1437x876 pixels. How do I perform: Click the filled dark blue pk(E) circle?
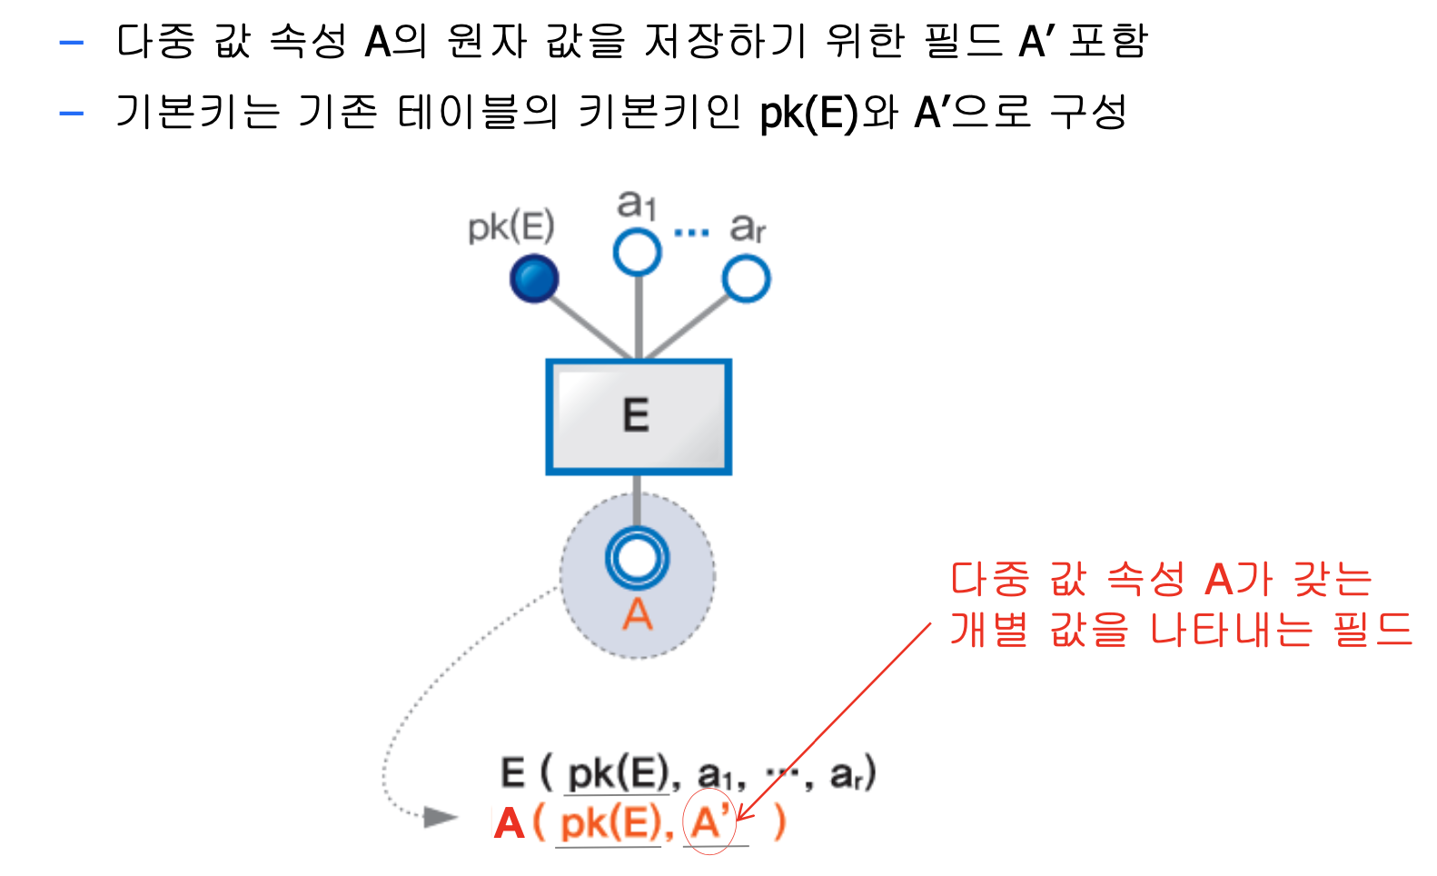click(x=534, y=279)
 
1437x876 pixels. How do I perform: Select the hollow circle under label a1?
click(x=637, y=252)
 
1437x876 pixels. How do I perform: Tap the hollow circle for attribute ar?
click(x=746, y=279)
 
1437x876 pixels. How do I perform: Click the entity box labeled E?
click(x=638, y=417)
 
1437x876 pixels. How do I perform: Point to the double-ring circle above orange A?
click(x=637, y=557)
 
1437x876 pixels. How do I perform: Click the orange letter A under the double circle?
click(x=637, y=615)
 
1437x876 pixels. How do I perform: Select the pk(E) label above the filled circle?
click(x=510, y=227)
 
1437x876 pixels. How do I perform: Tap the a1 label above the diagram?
click(x=637, y=204)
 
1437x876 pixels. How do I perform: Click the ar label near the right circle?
click(x=748, y=227)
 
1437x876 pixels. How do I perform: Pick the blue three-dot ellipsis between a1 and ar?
click(x=691, y=233)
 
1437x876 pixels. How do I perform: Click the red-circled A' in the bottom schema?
click(x=709, y=822)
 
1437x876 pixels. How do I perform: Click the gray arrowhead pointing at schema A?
click(x=441, y=817)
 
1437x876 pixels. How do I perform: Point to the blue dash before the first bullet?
click(x=71, y=42)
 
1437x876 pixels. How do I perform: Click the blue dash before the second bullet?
click(x=71, y=114)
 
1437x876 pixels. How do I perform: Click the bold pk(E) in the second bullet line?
click(x=808, y=114)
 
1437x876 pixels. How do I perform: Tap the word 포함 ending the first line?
click(x=1108, y=41)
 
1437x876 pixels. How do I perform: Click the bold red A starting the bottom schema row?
click(x=509, y=823)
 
